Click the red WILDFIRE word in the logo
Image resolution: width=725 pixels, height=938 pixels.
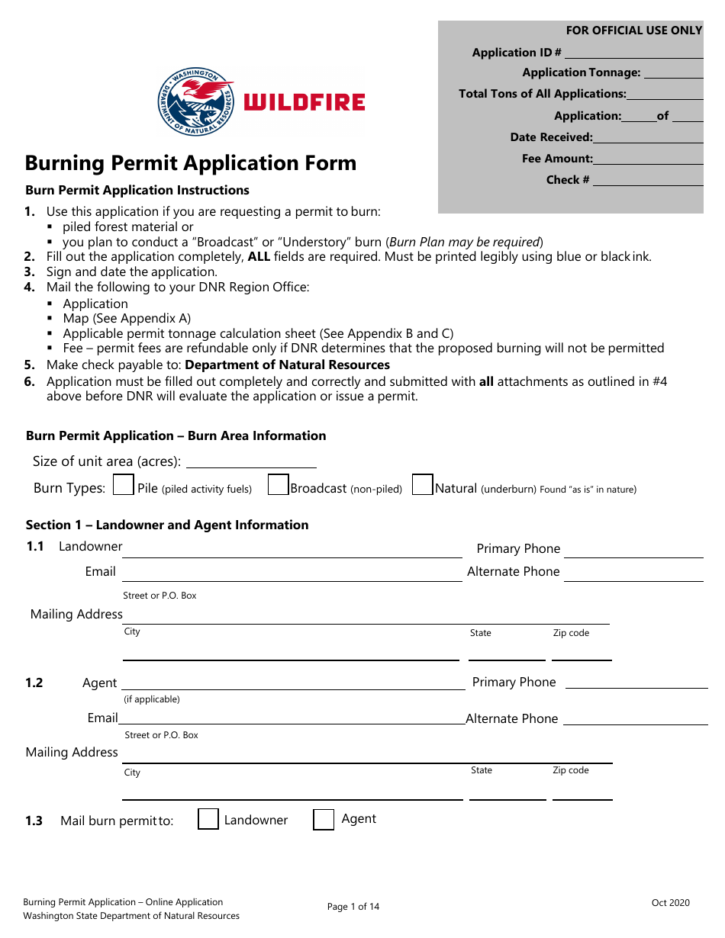[x=304, y=102]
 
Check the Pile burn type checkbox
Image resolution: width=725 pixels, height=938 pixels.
[x=124, y=486]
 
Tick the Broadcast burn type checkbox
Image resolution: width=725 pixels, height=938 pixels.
[x=279, y=486]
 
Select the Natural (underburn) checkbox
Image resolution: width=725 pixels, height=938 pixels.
[x=423, y=486]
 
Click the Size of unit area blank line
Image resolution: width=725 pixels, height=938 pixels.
[x=251, y=462]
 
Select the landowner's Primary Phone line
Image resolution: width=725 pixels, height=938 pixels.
[x=633, y=552]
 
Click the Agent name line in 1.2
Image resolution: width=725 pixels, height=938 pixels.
[x=293, y=684]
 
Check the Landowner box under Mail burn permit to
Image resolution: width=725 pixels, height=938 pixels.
[x=208, y=819]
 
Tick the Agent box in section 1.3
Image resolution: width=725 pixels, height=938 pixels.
[x=324, y=819]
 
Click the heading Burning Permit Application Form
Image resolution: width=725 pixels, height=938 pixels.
[x=191, y=163]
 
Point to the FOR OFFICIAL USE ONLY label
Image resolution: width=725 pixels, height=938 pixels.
[x=633, y=31]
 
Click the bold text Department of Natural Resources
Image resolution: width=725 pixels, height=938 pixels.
[x=288, y=365]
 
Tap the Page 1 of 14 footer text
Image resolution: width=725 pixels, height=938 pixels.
[x=353, y=907]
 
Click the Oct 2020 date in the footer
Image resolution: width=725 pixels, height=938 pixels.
[x=670, y=903]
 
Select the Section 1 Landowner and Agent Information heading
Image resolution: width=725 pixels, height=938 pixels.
[x=167, y=525]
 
